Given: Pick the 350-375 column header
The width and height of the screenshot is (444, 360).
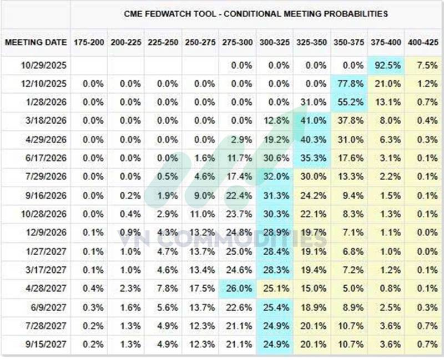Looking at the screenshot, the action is click(349, 43).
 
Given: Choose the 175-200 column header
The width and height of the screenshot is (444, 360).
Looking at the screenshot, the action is click(89, 43).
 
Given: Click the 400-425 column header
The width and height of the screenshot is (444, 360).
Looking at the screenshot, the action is click(423, 43).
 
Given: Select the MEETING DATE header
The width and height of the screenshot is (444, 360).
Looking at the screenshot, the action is click(36, 43).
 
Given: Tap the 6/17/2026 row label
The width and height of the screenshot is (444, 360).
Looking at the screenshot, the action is click(46, 158).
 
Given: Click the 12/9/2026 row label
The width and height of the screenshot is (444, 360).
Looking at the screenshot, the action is click(46, 232).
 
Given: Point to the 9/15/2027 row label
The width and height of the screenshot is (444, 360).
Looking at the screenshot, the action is click(46, 344).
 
